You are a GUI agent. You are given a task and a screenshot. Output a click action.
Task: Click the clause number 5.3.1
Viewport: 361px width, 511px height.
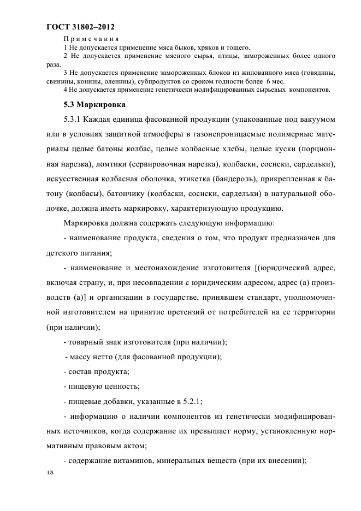tap(74, 119)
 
